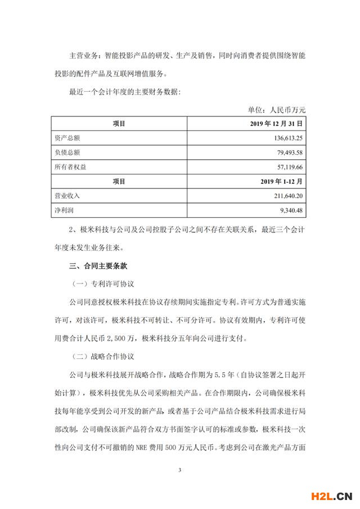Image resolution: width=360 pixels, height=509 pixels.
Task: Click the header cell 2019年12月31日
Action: (x=276, y=123)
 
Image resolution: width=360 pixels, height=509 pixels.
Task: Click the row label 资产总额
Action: (x=67, y=137)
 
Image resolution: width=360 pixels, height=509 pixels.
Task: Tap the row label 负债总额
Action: (x=67, y=152)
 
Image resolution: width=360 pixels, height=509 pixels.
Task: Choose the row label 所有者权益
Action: (x=70, y=167)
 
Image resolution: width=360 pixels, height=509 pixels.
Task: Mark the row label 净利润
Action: (x=64, y=211)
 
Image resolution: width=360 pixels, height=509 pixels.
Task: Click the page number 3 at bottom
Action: (x=179, y=468)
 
